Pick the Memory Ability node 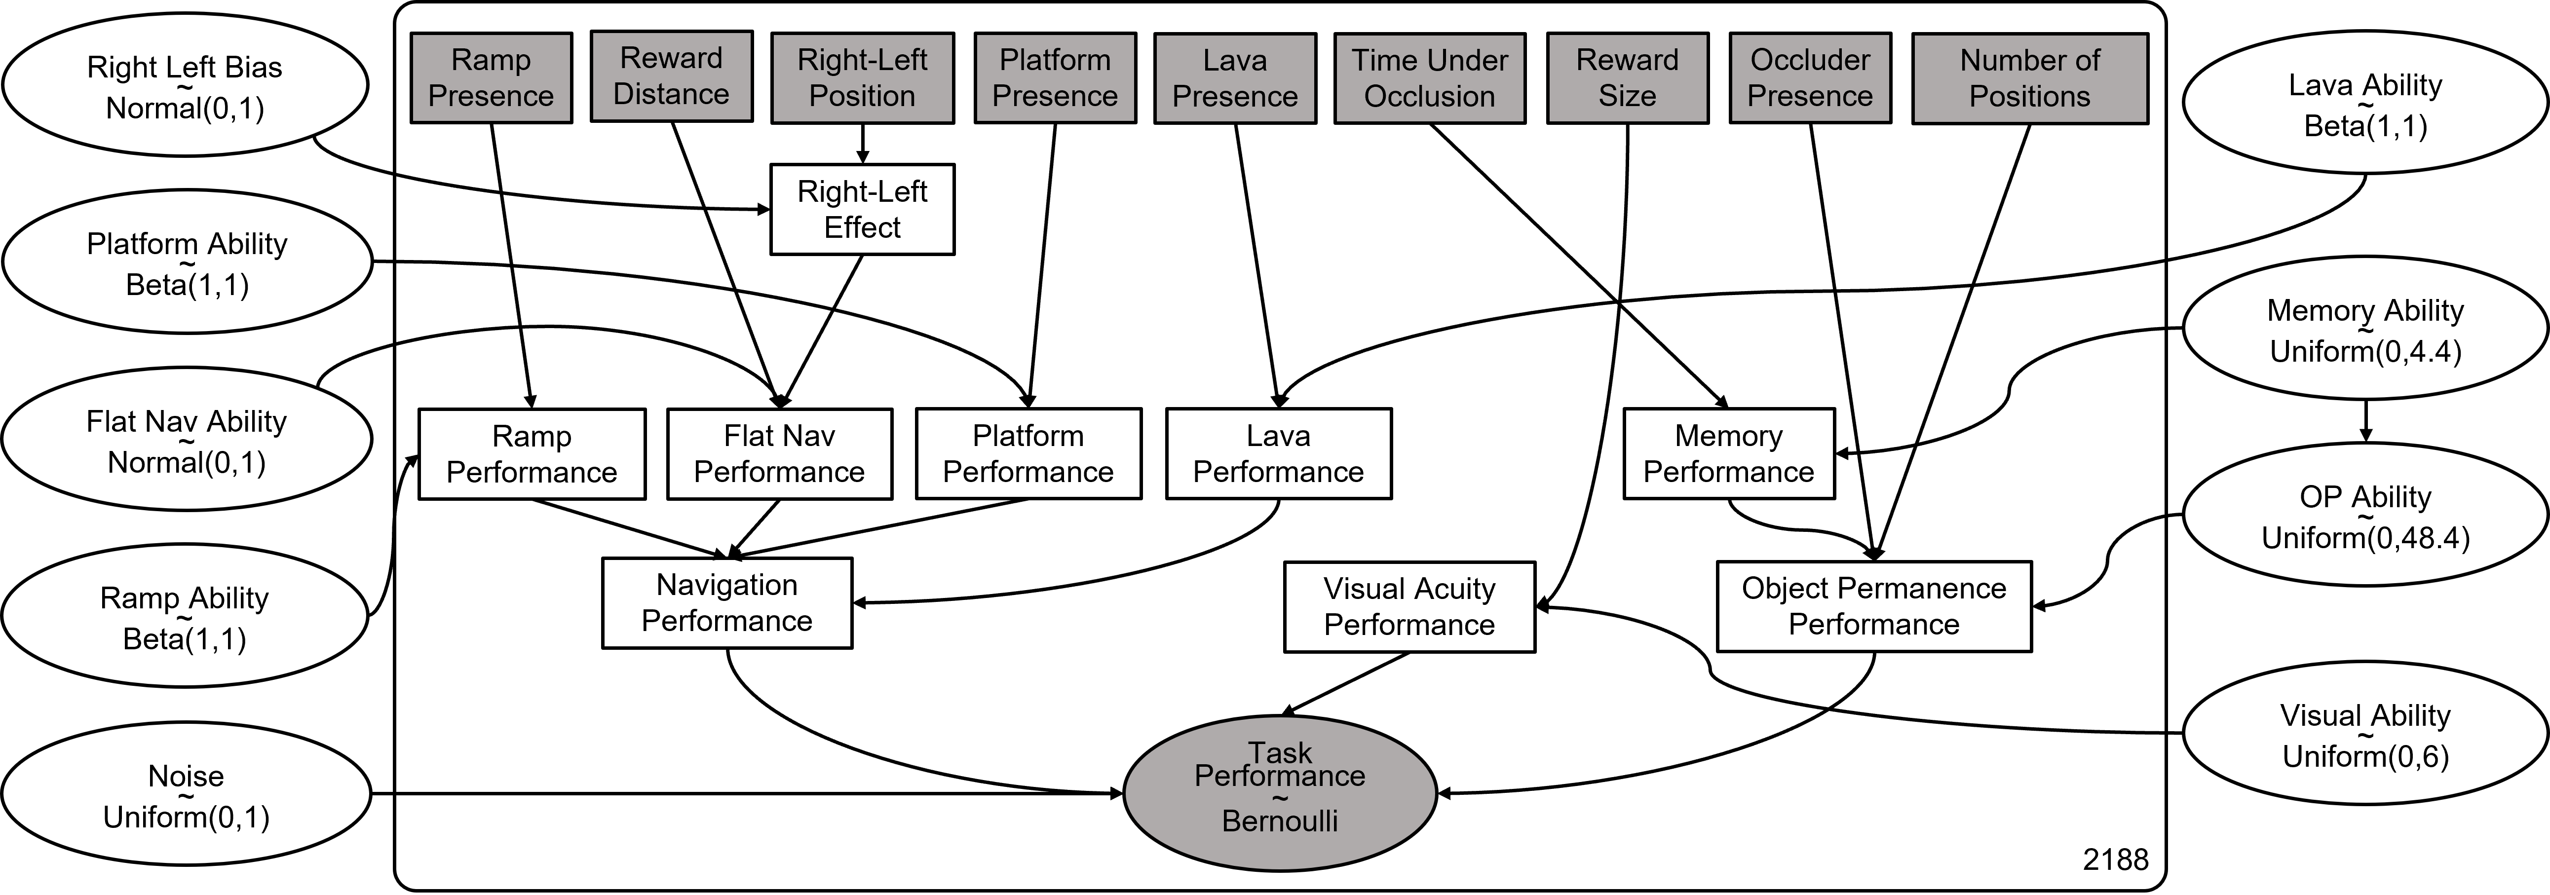2365,329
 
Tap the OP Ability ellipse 2365,515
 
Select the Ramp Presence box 491,78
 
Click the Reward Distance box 671,76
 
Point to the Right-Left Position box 862,78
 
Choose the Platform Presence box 1055,78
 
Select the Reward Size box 1628,78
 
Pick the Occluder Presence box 1810,78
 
